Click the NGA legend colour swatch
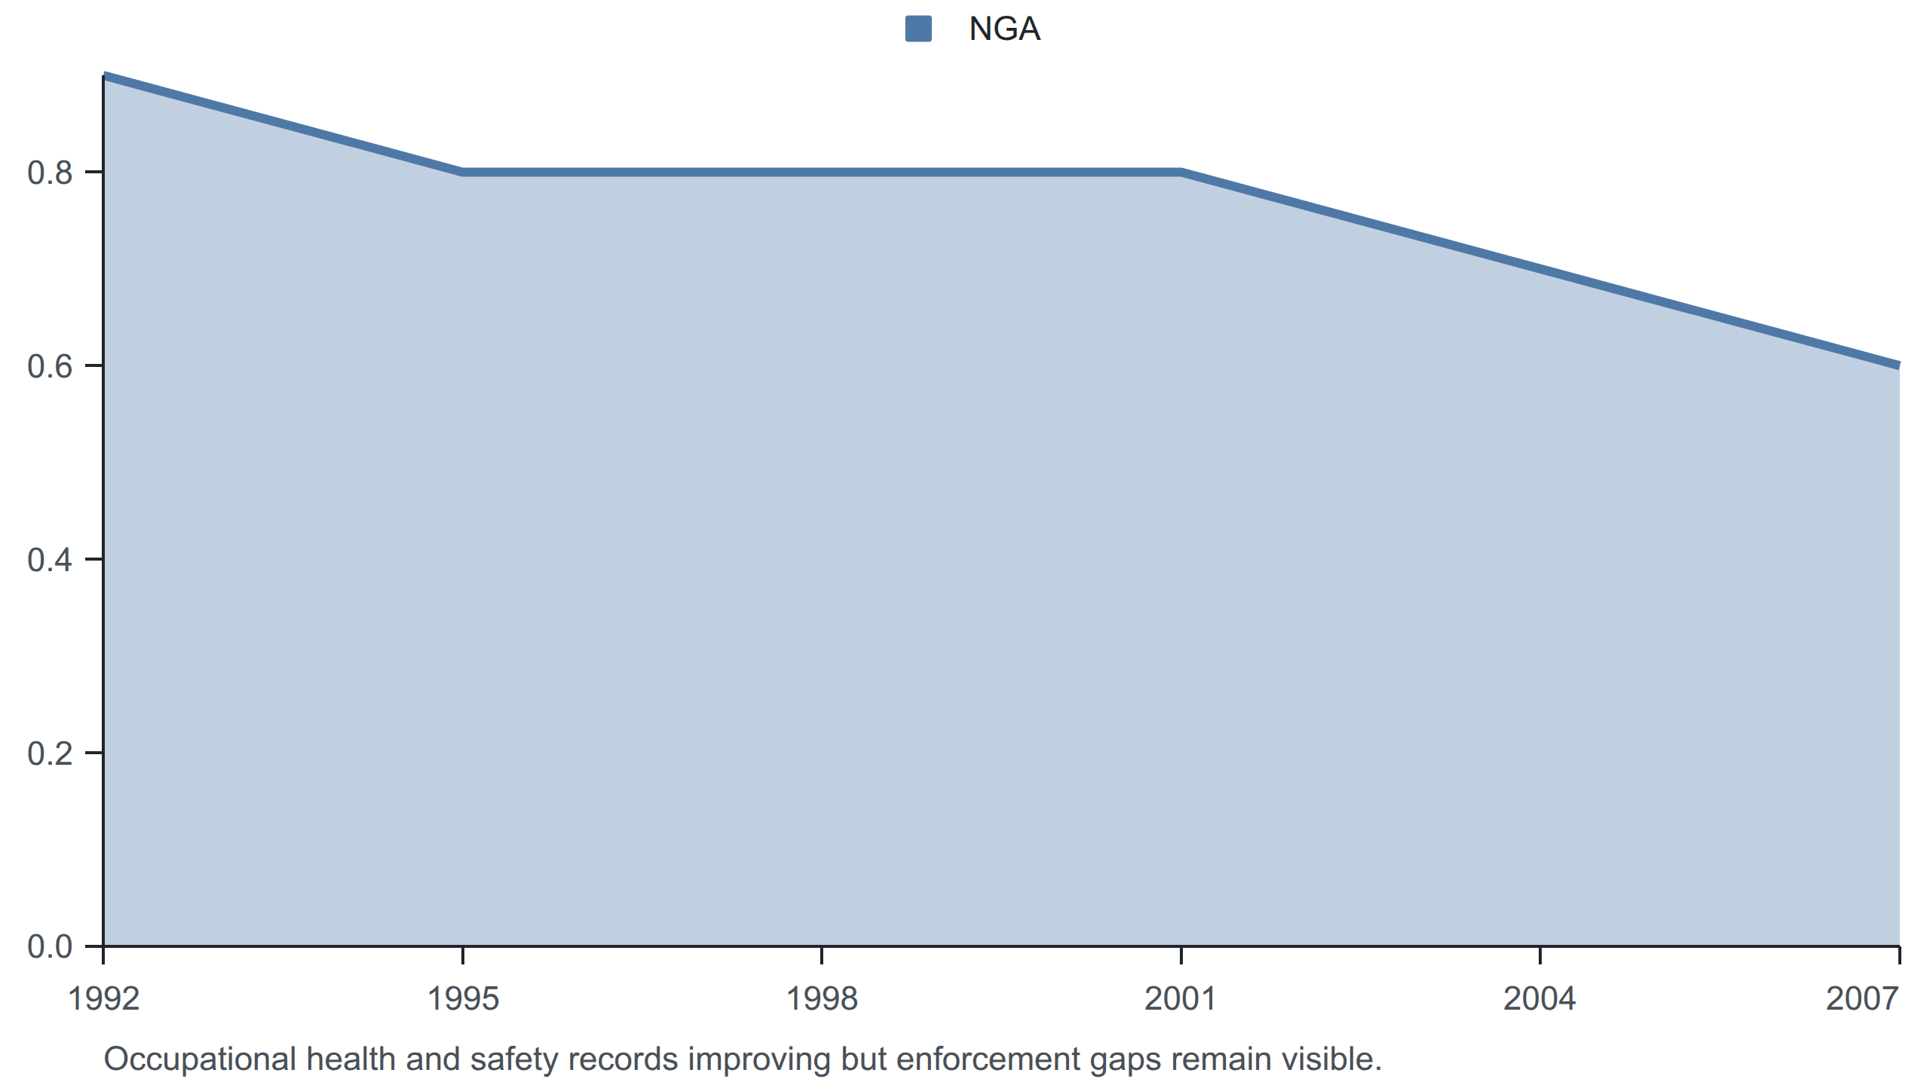[918, 29]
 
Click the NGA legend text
[1004, 29]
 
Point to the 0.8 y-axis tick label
[50, 173]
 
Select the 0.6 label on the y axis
[50, 366]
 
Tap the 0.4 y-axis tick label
[50, 560]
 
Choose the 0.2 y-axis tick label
[50, 753]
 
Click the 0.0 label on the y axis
[50, 947]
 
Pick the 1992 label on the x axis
[104, 999]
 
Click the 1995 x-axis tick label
[463, 999]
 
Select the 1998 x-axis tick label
[822, 999]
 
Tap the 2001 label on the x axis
[1181, 999]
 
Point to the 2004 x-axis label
[1539, 999]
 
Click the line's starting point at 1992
[104, 76]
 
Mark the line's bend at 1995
[463, 173]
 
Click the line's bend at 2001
[1181, 173]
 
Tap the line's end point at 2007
[1898, 365]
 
